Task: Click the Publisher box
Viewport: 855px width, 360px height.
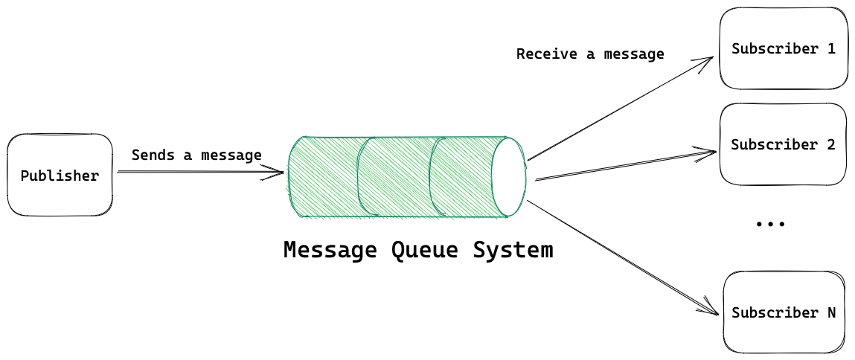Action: pos(60,176)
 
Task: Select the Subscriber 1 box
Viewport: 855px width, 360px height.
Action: pos(783,49)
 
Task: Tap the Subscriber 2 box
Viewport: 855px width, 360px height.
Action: pos(783,144)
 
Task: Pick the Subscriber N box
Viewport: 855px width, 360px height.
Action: pos(784,312)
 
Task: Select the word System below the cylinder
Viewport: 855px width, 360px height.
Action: pos(513,250)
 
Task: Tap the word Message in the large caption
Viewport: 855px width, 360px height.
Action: pos(330,250)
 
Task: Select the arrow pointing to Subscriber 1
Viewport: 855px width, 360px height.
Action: pos(618,109)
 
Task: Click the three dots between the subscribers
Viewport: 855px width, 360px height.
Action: pos(770,223)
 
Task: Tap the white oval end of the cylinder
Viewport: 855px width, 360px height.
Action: pos(508,176)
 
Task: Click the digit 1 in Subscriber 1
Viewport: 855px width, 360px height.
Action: pos(831,49)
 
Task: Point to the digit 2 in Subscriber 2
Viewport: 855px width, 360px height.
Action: pos(831,144)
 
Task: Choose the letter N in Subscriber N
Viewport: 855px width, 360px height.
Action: pos(831,312)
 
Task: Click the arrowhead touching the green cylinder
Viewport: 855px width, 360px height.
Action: pos(278,173)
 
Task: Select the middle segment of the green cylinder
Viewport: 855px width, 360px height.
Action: pos(394,177)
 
